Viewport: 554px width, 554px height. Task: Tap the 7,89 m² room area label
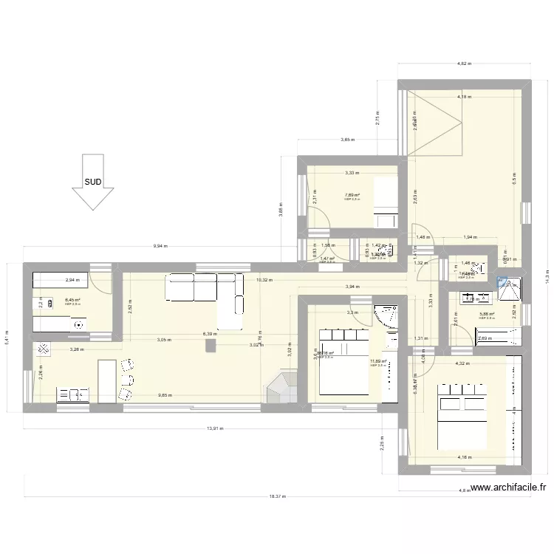pyautogui.click(x=351, y=196)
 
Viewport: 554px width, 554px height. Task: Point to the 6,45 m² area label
pyautogui.click(x=72, y=300)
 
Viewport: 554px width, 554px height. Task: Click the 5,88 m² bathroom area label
pyautogui.click(x=486, y=314)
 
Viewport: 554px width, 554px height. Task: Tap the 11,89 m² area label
pyautogui.click(x=378, y=361)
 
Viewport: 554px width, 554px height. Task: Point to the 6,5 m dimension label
pyautogui.click(x=514, y=177)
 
